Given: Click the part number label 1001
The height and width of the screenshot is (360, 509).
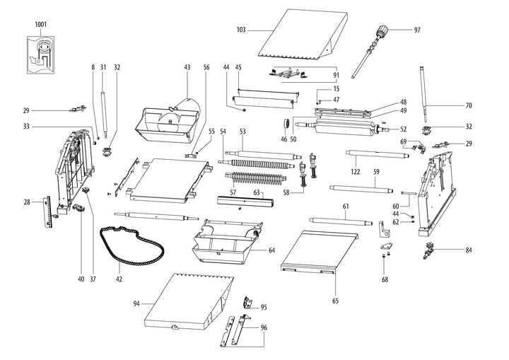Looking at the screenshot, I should pos(40,24).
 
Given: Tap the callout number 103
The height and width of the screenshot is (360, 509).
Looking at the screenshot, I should pos(241,30).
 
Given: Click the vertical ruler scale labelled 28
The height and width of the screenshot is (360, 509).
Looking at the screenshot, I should pos(47,211).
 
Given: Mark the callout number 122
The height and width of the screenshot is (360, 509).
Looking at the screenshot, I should pos(354,171).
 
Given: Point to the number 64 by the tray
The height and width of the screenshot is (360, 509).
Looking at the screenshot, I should pos(271,250).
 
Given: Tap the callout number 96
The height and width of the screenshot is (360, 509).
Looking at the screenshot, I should pos(264,327).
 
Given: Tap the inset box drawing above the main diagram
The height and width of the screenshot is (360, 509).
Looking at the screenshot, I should pos(41,53).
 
